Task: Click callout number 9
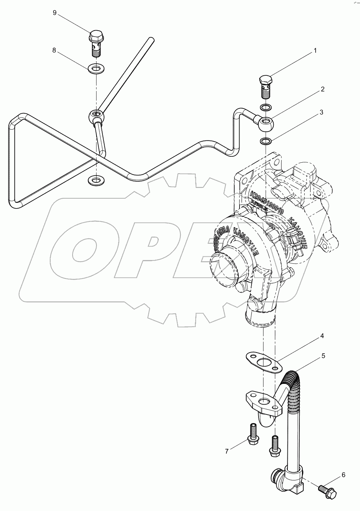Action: tap(55, 13)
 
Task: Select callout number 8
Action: tap(54, 50)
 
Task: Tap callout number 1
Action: tap(315, 51)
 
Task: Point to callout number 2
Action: tap(322, 89)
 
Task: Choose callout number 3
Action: tap(321, 113)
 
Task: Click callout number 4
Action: tap(322, 336)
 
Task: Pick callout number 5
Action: tap(323, 356)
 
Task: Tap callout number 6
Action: tap(343, 475)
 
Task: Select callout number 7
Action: tap(227, 450)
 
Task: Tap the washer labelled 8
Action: tap(96, 67)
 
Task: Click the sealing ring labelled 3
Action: tap(266, 142)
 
